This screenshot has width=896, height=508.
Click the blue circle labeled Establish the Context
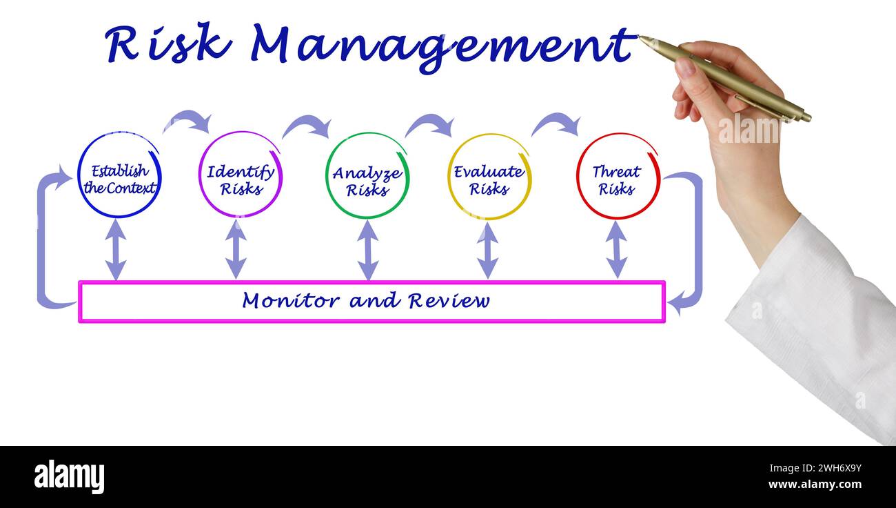[x=119, y=176]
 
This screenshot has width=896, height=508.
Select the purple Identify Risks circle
[x=241, y=175]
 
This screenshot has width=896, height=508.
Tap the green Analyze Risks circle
[x=367, y=177]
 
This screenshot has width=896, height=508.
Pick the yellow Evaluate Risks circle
[x=489, y=177]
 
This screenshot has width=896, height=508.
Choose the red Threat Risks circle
[x=618, y=177]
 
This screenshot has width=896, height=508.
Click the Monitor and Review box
[x=371, y=302]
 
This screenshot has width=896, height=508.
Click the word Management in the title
[x=441, y=46]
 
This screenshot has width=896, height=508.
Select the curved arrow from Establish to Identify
[x=188, y=120]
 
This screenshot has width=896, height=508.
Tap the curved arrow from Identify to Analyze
[x=307, y=125]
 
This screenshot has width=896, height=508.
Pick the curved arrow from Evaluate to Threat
[x=556, y=123]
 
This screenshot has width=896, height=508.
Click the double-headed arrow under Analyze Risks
[x=368, y=250]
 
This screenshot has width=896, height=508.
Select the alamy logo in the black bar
[x=69, y=477]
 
